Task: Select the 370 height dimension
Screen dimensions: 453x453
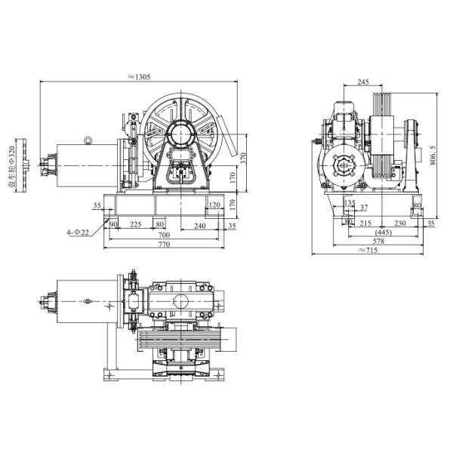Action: tap(242, 159)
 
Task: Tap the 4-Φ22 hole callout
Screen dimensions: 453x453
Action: tap(78, 233)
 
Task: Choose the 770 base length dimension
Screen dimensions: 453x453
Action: tap(164, 246)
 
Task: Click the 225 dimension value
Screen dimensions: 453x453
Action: tap(136, 224)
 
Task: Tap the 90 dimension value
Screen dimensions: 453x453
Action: tap(113, 224)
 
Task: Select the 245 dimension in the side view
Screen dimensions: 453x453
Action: tap(362, 82)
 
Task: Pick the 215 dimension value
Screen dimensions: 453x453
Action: tap(365, 223)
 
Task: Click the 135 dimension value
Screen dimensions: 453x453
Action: tap(348, 203)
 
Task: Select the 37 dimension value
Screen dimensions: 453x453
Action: tap(364, 208)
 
